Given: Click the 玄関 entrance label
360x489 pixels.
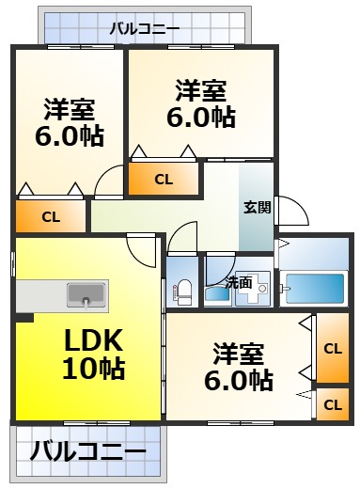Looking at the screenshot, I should (x=258, y=207).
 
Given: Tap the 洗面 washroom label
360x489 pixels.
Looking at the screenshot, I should (x=239, y=281).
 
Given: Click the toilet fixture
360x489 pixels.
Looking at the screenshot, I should (x=182, y=292).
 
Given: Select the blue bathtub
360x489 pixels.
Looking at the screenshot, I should (x=314, y=287).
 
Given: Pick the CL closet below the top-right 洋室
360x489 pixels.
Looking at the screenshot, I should (x=164, y=179).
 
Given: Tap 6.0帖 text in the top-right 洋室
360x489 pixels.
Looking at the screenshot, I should (x=200, y=118).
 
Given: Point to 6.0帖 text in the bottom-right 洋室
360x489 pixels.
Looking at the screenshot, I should (x=239, y=380).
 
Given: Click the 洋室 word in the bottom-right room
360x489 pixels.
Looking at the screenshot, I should (x=239, y=353).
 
